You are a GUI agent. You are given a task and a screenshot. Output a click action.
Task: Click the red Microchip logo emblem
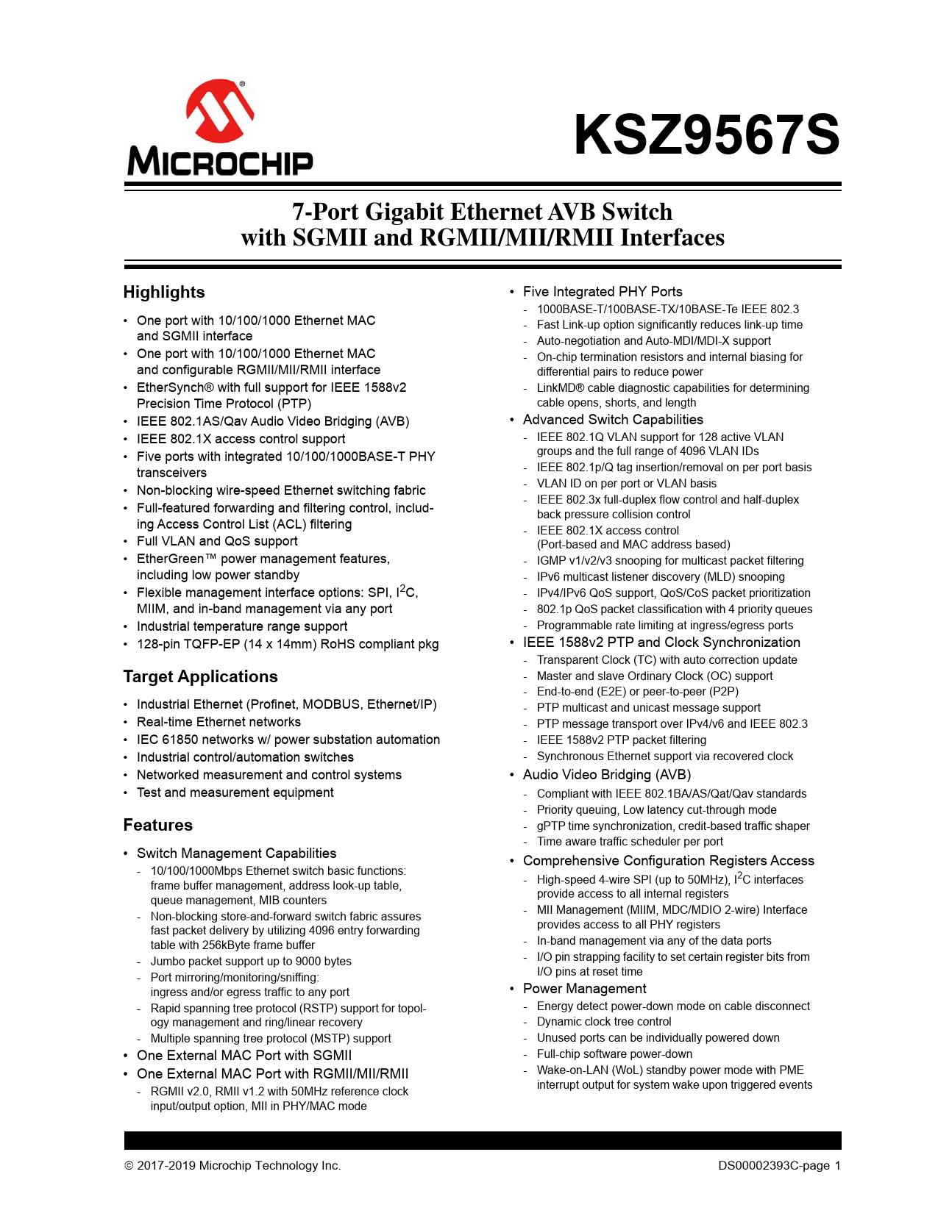(220, 111)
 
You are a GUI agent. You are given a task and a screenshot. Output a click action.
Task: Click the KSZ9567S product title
(706, 135)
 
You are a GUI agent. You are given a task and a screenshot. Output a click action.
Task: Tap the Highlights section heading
(164, 292)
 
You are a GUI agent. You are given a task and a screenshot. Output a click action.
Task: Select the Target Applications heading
(200, 676)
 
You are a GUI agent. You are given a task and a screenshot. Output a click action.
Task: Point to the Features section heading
(157, 825)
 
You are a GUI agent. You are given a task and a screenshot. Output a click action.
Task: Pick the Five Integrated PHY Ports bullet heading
(603, 292)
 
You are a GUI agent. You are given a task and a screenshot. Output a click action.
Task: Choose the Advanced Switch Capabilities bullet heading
(613, 420)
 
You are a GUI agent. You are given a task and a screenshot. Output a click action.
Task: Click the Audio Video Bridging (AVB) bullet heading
(607, 775)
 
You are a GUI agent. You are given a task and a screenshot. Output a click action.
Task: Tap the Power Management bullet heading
(584, 989)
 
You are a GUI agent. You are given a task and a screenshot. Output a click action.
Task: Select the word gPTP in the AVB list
(551, 826)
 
